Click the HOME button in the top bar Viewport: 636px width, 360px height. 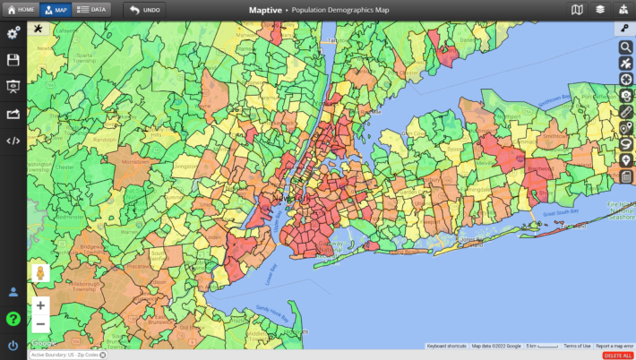(x=20, y=9)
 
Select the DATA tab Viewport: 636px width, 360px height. (x=90, y=9)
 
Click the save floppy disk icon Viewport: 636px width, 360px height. (x=13, y=60)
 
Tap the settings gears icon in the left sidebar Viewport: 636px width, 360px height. (x=13, y=33)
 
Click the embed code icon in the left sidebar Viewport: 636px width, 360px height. (x=13, y=141)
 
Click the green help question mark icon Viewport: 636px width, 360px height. (x=13, y=319)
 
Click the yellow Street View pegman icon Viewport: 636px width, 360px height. (x=40, y=273)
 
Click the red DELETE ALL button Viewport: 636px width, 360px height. (x=617, y=356)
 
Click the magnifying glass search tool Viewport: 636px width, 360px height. (x=626, y=47)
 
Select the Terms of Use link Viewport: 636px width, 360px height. (x=577, y=346)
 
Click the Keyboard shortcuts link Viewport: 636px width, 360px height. (x=446, y=346)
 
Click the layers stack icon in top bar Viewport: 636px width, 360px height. (x=600, y=9)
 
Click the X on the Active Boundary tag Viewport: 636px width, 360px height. (x=103, y=356)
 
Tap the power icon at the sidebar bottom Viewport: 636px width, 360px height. (x=13, y=346)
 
